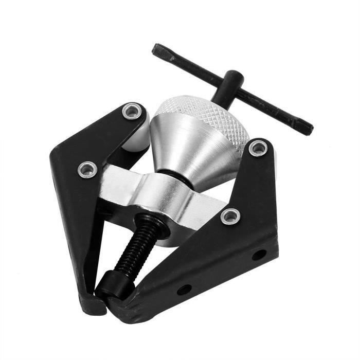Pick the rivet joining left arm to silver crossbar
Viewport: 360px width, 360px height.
(88, 169)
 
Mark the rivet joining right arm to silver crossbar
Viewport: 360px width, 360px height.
(230, 216)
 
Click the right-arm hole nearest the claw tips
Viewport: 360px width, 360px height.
(184, 290)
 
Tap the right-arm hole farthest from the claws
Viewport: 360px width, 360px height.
(259, 255)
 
